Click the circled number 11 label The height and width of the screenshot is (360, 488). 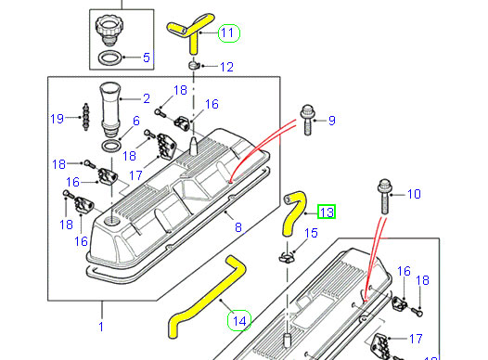coord(229,33)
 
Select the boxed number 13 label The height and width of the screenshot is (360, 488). coord(327,212)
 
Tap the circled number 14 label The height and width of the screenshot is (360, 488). coord(239,320)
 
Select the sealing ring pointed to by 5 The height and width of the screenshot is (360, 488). coord(109,58)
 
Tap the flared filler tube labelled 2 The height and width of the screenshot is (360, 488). coord(109,109)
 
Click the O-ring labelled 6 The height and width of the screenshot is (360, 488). coord(111,147)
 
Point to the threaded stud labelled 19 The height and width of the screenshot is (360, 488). coord(85,117)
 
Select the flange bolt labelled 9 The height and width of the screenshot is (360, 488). coord(307,120)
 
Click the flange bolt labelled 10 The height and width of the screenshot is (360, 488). coord(384,196)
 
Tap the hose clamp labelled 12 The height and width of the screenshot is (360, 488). coord(194,66)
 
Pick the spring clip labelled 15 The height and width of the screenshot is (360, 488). coord(287,257)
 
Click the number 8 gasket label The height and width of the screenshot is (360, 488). coord(238,227)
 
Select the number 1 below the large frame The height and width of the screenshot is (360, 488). coord(101,327)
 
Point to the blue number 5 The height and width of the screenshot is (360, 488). coord(147,58)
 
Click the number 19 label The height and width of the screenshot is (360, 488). coord(57,119)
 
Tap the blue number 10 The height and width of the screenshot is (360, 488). coord(414,194)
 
